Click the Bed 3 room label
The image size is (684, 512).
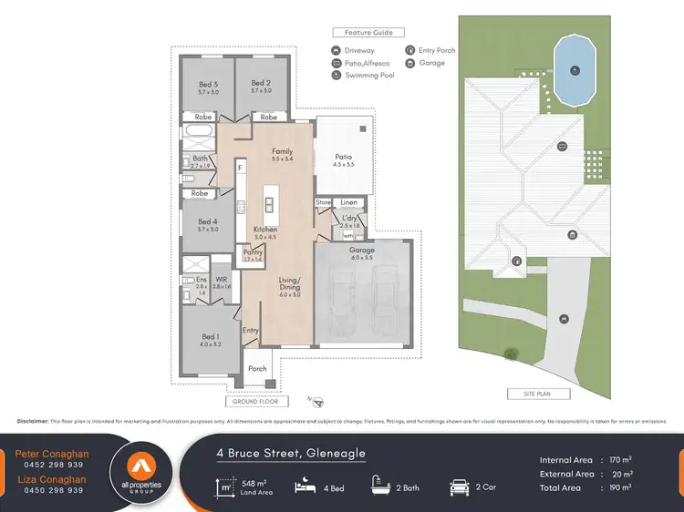pos(209,86)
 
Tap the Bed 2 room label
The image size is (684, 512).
pos(262,86)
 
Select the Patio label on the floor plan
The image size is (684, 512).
pos(342,157)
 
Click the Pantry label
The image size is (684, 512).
pos(252,252)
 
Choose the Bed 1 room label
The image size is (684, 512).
pos(209,337)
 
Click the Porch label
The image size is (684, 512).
pos(257,369)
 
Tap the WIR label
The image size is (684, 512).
pos(221,280)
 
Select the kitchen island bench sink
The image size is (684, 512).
pos(270,200)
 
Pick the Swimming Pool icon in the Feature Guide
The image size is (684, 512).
pos(337,76)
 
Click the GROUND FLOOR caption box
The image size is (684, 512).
pos(256,401)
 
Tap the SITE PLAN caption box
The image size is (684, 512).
pos(539,394)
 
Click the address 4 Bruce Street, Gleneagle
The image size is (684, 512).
pos(290,453)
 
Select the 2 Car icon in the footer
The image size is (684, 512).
pos(459,487)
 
